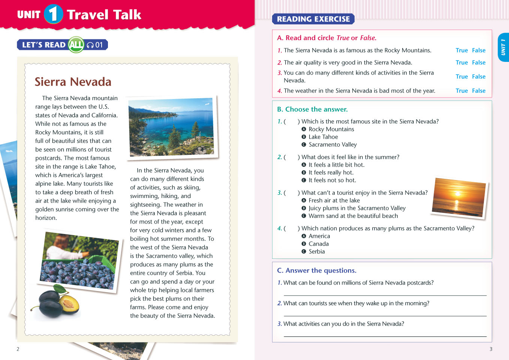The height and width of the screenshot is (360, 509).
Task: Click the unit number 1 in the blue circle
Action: pyautogui.click(x=53, y=14)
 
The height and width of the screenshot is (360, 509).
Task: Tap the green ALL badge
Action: pyautogui.click(x=76, y=45)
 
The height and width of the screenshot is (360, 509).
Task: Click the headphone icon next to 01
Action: pyautogui.click(x=90, y=45)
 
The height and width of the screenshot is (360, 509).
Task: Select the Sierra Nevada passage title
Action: pyautogui.click(x=73, y=82)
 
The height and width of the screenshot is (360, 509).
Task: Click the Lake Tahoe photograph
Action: pyautogui.click(x=172, y=127)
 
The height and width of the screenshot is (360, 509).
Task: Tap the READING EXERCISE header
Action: pyautogui.click(x=313, y=19)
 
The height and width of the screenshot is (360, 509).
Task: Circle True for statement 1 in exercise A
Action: pyautogui.click(x=461, y=50)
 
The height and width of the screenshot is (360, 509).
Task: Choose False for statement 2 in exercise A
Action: pyautogui.click(x=479, y=63)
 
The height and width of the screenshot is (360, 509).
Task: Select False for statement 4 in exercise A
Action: pyautogui.click(x=479, y=91)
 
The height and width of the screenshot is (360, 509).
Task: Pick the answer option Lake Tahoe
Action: pyautogui.click(x=323, y=137)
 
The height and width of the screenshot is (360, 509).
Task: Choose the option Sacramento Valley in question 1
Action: pyautogui.click(x=332, y=144)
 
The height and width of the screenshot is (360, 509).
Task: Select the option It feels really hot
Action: pyautogui.click(x=331, y=172)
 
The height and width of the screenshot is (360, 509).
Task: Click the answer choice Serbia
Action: pyautogui.click(x=317, y=252)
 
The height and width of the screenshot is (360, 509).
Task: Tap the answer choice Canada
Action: pyautogui.click(x=319, y=244)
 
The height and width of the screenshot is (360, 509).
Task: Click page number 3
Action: pyautogui.click(x=491, y=349)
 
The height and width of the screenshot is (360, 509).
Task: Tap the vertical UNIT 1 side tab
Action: pyautogui.click(x=503, y=48)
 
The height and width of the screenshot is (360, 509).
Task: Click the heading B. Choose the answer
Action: pyautogui.click(x=312, y=109)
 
